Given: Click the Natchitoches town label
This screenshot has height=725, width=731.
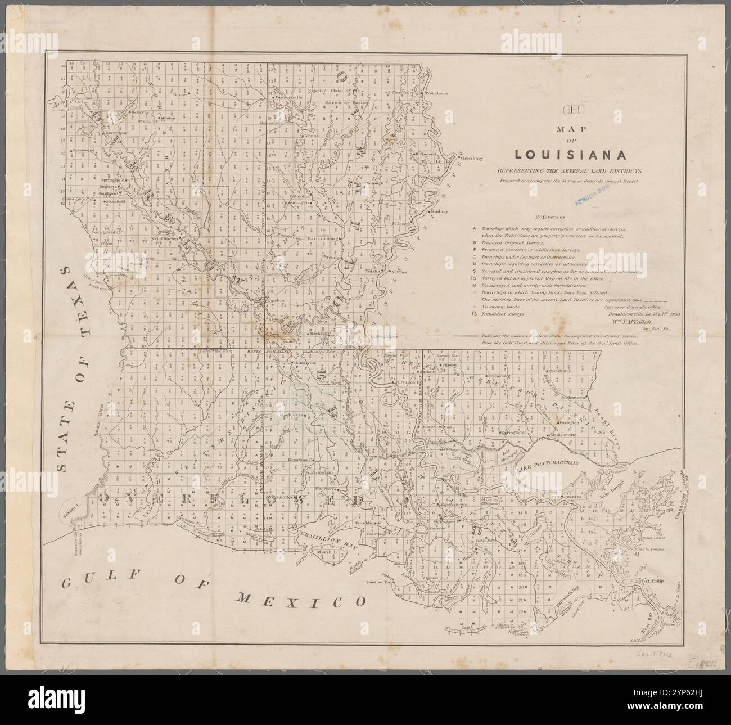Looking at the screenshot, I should click(165, 238).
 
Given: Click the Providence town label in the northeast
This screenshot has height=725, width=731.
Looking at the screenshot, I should click(436, 93).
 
